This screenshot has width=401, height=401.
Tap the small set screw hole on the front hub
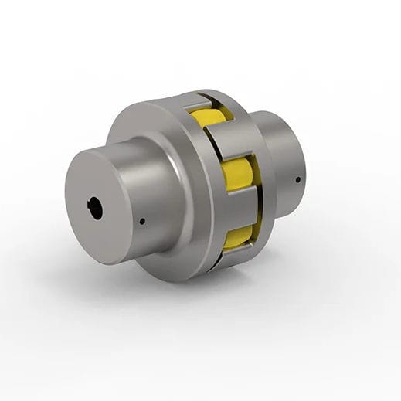click(143, 222)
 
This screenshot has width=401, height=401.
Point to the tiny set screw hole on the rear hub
click(297, 180)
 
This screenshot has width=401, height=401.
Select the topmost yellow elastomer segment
click(206, 118)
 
